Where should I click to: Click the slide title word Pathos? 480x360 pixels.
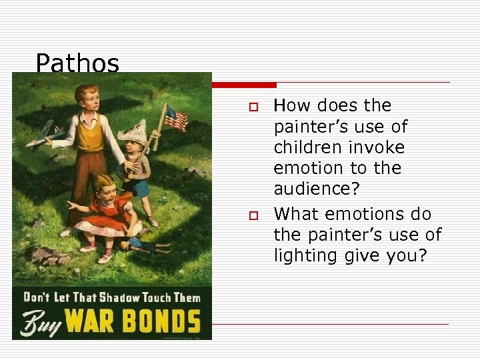coord(77,64)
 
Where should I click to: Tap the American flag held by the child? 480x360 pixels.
coord(175,118)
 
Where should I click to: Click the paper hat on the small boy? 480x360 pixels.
coord(134,133)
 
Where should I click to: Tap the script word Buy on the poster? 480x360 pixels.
coord(37,323)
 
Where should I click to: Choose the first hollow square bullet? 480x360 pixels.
coord(252,107)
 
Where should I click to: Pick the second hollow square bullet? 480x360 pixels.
coord(252,215)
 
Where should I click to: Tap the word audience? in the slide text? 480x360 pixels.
coord(317,189)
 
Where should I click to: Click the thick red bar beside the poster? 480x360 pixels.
coord(244,85)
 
